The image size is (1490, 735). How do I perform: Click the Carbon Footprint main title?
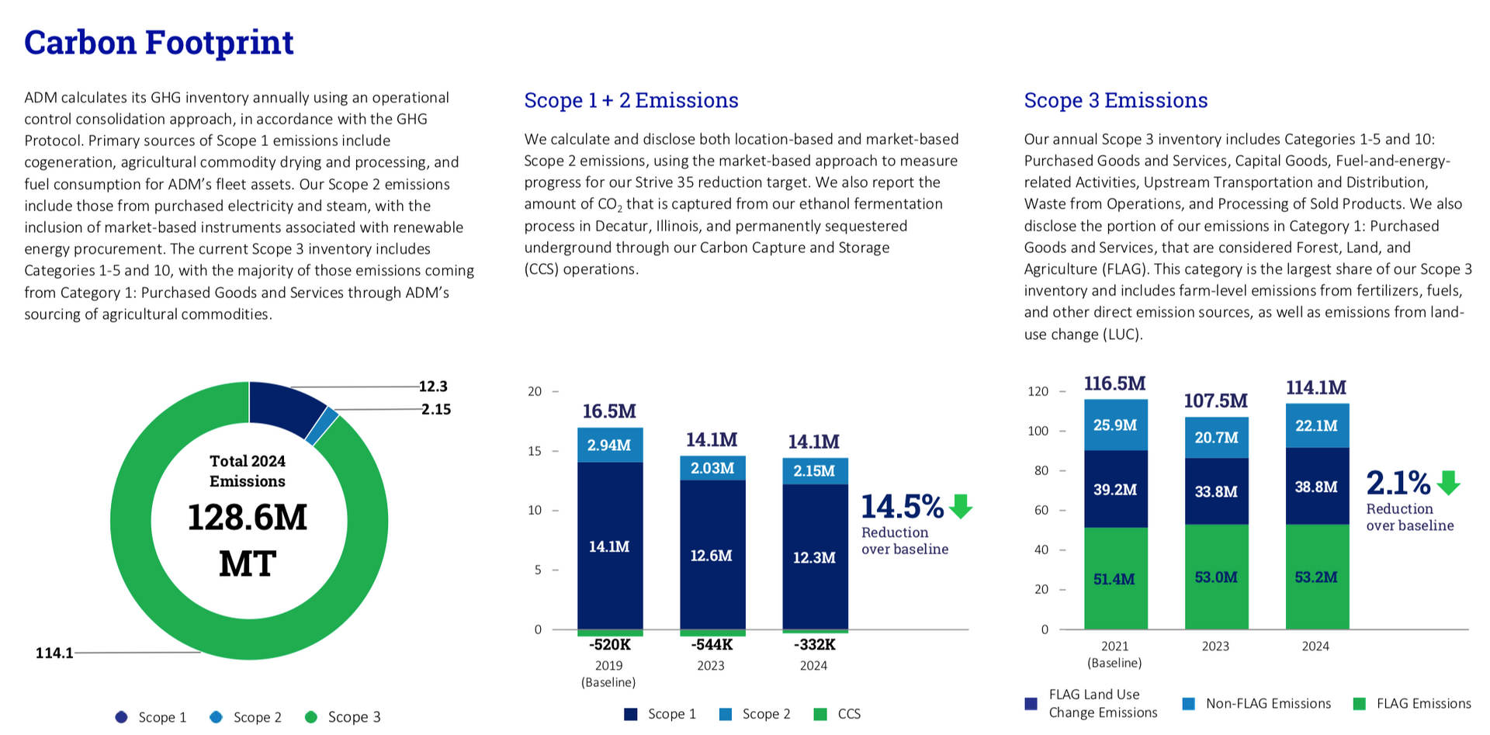pos(159,43)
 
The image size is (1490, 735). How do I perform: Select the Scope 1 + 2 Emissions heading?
pos(631,100)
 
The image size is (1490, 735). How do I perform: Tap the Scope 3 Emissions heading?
pos(1116,100)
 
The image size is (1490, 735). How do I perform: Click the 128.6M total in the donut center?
pos(248,517)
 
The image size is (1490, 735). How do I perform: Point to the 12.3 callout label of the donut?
pos(433,387)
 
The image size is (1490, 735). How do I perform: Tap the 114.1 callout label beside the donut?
pos(54,653)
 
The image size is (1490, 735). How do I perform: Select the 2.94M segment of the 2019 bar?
pos(609,445)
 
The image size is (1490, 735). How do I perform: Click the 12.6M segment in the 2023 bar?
pos(712,555)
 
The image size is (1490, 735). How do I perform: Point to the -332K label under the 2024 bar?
pos(814,644)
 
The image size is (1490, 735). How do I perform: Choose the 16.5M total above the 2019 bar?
pos(609,411)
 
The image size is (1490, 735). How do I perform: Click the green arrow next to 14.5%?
pos(961,506)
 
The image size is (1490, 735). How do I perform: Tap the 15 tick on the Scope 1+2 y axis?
pos(535,451)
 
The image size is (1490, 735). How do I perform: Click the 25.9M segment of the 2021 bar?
pos(1115,425)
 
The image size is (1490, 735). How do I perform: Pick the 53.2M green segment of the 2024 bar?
pos(1317,577)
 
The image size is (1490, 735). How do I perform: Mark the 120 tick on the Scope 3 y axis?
pos(1038,391)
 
